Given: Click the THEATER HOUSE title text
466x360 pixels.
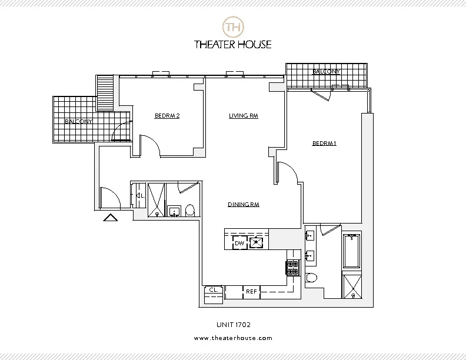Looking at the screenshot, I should coord(232,44).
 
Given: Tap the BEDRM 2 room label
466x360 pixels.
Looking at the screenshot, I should coord(167,116).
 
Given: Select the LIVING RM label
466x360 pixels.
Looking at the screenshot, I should coord(244,116).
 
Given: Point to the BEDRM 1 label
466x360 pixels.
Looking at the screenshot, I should coord(324,143).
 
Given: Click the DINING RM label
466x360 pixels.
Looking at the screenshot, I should coord(244,205).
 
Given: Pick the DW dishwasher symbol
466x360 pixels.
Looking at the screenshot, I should coord(239,242).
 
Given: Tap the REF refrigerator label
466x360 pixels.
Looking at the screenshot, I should coord(251,291).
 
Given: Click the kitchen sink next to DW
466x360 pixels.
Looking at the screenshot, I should coord(257,242).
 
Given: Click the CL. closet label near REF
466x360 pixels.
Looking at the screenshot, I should coord(213,290).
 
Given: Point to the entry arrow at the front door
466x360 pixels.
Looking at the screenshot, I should coord(111,218).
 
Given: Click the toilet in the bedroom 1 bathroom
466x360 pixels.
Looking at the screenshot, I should coord(311,278).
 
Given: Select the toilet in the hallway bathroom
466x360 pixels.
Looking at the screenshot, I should coord(189,210).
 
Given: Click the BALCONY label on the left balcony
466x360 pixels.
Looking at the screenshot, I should coord(78,122).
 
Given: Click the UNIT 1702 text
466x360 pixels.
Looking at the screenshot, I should coord(233,324).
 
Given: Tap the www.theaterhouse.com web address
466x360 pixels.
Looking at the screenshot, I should coord(233,338).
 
